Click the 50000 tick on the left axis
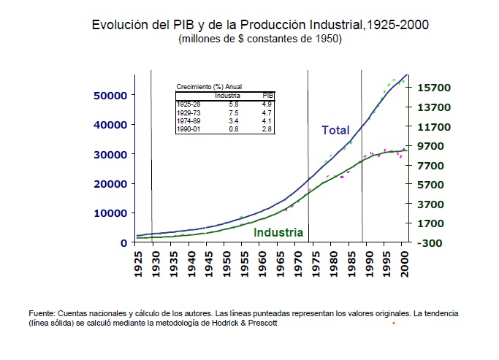(110, 95)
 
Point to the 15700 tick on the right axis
(434, 87)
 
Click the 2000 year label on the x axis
(405, 265)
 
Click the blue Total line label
(335, 131)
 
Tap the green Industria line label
(278, 233)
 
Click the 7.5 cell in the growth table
(234, 113)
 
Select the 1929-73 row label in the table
(188, 113)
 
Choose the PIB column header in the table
(267, 96)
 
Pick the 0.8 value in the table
(234, 129)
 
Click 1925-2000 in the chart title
(396, 25)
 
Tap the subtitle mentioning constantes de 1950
(260, 39)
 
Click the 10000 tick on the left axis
(110, 213)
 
